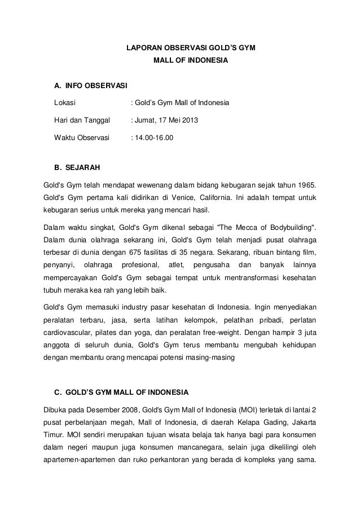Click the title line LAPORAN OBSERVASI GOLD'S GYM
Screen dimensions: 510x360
coord(191,49)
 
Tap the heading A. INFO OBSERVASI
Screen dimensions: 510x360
coord(90,86)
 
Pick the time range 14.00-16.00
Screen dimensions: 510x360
coord(154,137)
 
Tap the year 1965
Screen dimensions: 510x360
coord(306,185)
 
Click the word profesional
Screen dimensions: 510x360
coord(141,264)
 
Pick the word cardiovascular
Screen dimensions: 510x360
coord(69,333)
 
